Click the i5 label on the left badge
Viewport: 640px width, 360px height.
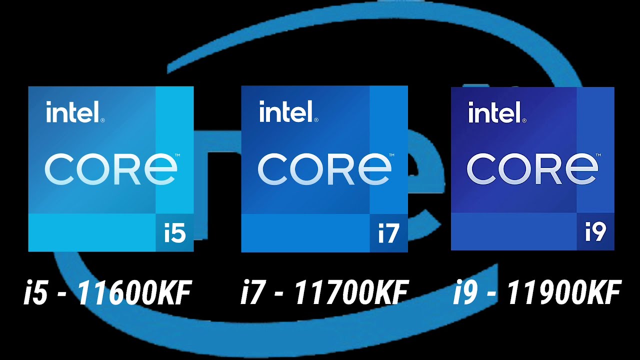click(x=174, y=233)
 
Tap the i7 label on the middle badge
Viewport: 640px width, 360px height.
click(x=388, y=233)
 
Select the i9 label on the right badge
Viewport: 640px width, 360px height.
click(x=595, y=232)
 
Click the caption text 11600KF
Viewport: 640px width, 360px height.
click(x=134, y=293)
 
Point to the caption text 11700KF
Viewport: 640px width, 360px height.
click(x=351, y=293)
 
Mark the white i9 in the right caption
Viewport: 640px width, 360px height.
click(x=465, y=293)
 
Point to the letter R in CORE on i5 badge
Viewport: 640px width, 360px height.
click(x=130, y=170)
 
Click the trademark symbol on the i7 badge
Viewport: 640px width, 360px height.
click(x=391, y=156)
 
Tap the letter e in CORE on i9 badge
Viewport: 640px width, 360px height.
click(x=581, y=169)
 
